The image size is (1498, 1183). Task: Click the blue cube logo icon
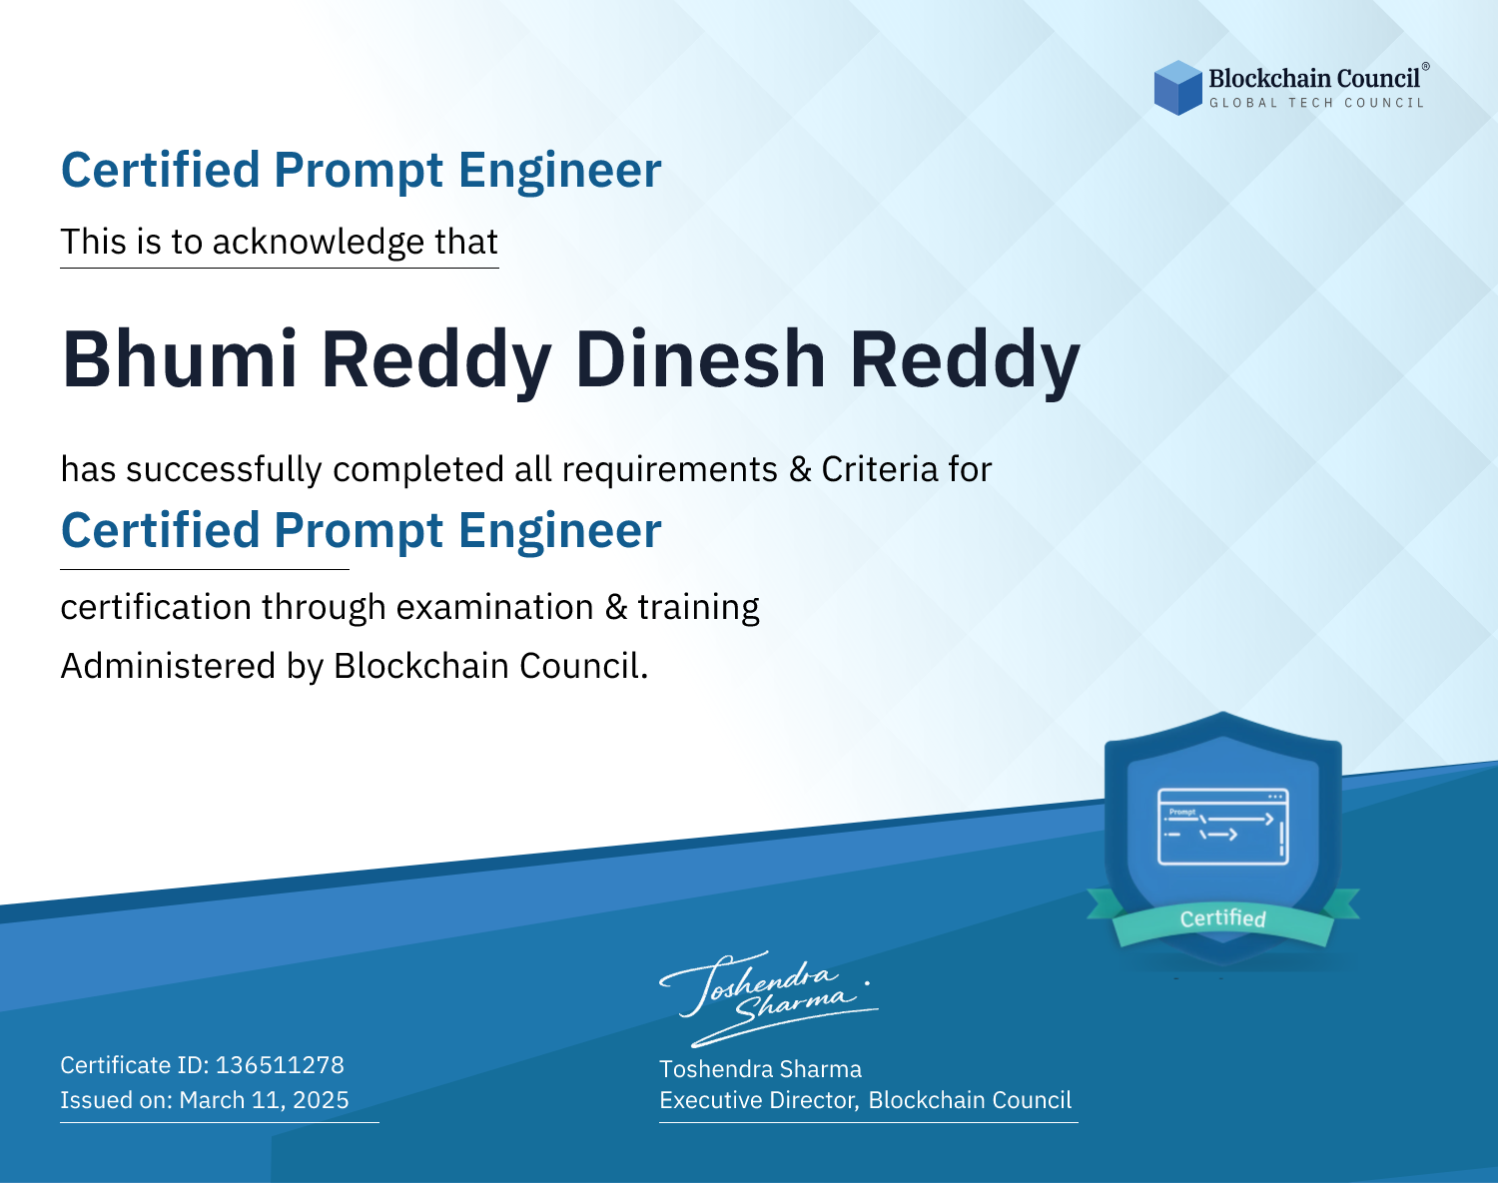(1177, 88)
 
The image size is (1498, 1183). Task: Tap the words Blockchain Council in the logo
(1313, 79)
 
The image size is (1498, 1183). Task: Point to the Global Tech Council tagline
(1316, 103)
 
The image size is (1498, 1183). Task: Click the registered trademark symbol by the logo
(1425, 67)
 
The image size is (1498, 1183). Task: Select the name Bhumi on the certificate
(181, 359)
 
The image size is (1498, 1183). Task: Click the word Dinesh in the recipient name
(700, 359)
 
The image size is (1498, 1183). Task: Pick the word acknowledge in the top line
(319, 243)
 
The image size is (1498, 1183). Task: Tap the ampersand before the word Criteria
(800, 469)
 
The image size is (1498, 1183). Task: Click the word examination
(495, 607)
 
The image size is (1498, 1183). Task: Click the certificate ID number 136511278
(280, 1064)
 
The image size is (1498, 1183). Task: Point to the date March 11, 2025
(264, 1100)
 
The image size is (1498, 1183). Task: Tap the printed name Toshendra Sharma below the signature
(760, 1069)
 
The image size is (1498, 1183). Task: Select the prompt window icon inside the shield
(1223, 827)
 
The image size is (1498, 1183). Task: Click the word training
(699, 607)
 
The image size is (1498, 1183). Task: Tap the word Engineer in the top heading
(559, 171)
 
